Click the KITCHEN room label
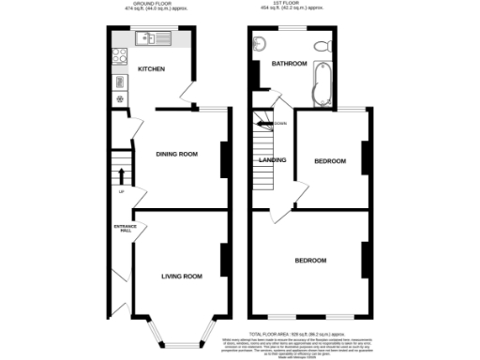(x=151, y=70)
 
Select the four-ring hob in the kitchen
(x=120, y=56)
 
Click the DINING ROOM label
(x=175, y=154)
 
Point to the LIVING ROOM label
(x=182, y=277)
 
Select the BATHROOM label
(x=289, y=64)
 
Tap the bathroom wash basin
(x=259, y=45)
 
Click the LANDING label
(x=272, y=160)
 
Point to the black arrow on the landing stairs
(x=269, y=123)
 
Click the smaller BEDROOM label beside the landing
(x=329, y=161)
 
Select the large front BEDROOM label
(x=310, y=260)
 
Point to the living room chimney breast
(x=223, y=262)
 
